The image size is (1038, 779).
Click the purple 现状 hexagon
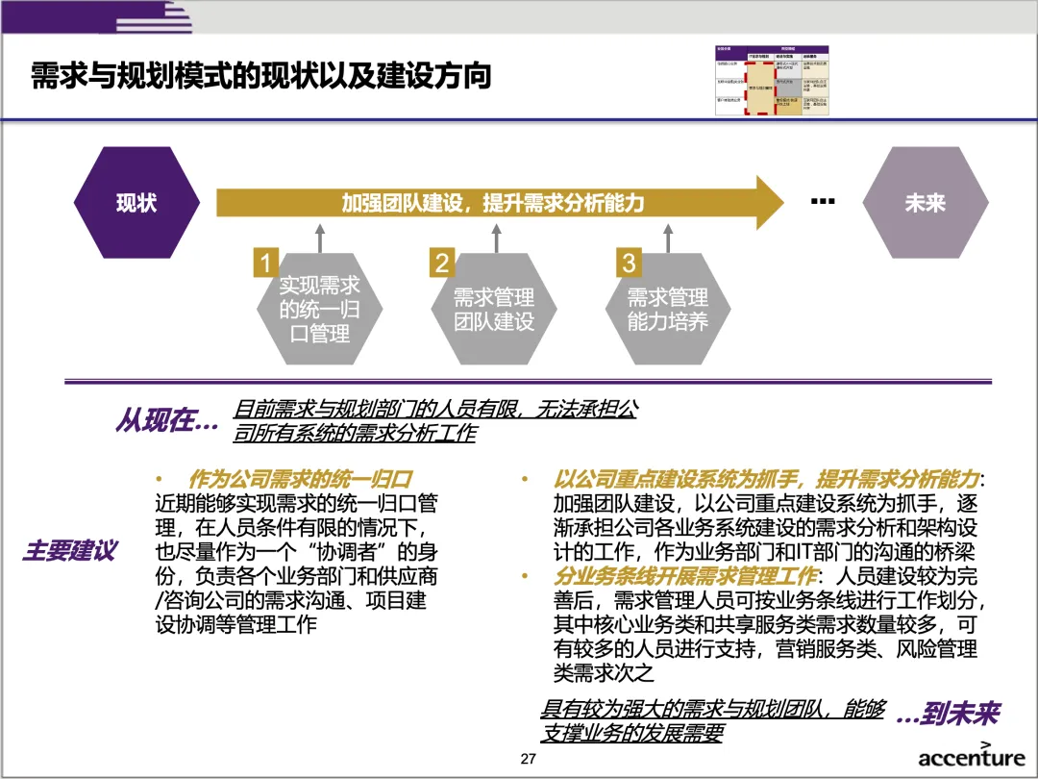tap(136, 203)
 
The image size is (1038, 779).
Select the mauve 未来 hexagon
tap(925, 203)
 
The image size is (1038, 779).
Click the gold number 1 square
tap(266, 263)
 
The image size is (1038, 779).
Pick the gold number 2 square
tap(441, 263)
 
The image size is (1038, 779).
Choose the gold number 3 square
tap(628, 263)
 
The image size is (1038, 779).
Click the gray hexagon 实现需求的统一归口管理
tap(320, 310)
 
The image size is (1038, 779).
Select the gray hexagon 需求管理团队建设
tap(494, 310)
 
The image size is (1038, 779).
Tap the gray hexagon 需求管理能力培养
tap(668, 310)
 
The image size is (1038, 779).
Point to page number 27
tap(528, 760)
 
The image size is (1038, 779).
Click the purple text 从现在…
tap(166, 421)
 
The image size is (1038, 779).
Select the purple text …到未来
tap(947, 715)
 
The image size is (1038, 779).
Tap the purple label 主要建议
tap(70, 551)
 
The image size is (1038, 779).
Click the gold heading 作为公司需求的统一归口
tap(300, 478)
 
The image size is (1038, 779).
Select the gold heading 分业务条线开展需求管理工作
tap(684, 576)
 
